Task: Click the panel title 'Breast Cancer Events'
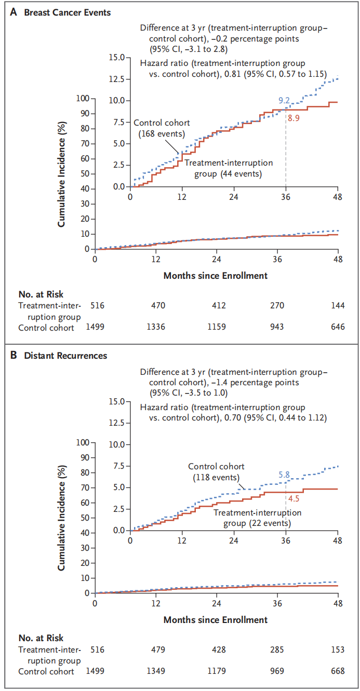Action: coord(68,12)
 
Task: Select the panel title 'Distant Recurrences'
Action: coord(65,356)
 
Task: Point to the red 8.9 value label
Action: coord(294,118)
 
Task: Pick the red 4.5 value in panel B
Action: coord(294,499)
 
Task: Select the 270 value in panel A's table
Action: coord(277,306)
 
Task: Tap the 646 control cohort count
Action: coord(338,327)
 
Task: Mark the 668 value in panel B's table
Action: coord(338,671)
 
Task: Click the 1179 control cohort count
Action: coord(216,671)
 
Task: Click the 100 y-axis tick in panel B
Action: coord(83,443)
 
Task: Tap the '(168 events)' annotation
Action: coord(162,133)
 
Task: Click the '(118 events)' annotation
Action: coord(216,477)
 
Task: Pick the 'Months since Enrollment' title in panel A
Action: coord(216,276)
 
